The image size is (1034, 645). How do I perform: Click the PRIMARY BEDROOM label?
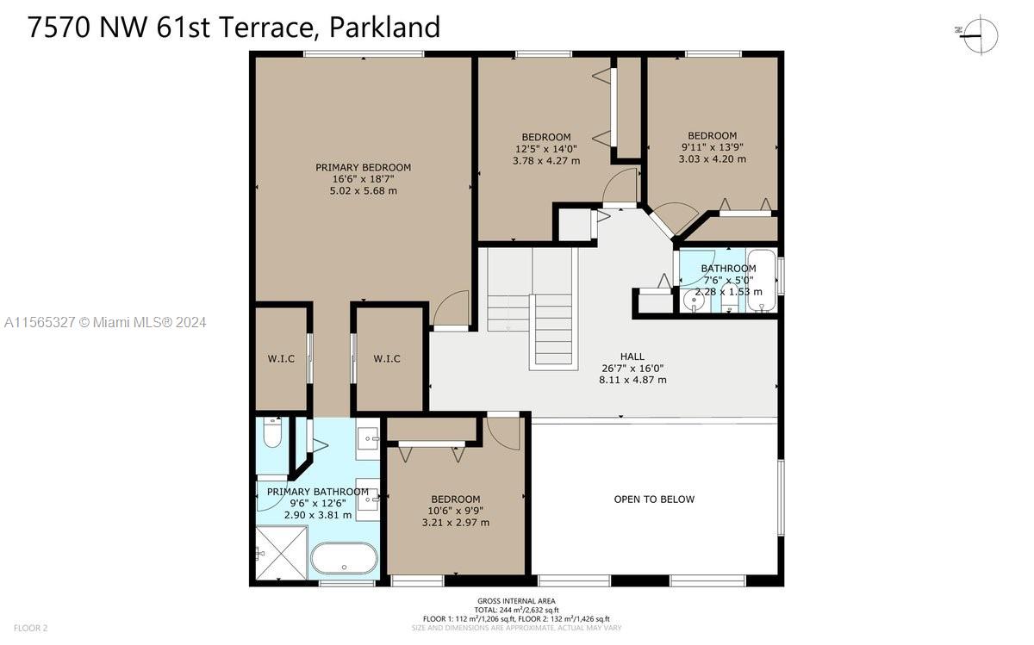coord(364,167)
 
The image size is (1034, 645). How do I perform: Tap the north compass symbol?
coord(980,35)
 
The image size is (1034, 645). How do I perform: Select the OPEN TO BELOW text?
coord(654,499)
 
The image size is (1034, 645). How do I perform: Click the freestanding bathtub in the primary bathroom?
coord(344,558)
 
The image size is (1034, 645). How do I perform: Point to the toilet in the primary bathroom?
coord(272,432)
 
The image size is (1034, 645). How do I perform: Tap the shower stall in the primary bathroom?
coord(281,552)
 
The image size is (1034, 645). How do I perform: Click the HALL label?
coord(632,357)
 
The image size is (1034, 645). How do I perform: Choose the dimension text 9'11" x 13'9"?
coord(713,147)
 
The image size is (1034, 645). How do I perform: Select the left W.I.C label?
coord(281,358)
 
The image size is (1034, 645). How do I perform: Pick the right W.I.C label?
coord(387,358)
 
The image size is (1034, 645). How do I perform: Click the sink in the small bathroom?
coord(694,301)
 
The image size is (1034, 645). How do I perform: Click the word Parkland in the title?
coord(384,27)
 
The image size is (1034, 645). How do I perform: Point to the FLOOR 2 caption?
coord(30,628)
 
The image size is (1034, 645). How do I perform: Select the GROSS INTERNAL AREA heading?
coord(516,601)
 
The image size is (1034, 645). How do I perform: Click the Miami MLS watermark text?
coord(105,322)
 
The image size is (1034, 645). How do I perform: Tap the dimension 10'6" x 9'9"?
coord(456,511)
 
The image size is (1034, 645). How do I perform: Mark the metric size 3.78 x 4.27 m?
coord(546,160)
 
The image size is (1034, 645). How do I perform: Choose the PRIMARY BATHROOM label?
coord(318,492)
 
